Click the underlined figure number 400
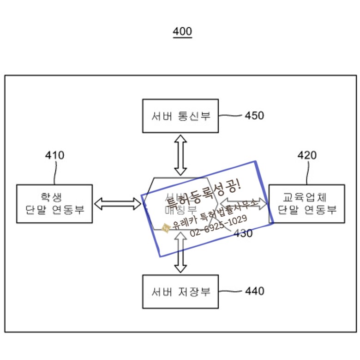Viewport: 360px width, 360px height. tap(182, 32)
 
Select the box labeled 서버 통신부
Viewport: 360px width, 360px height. tap(180, 116)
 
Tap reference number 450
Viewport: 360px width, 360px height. tap(254, 116)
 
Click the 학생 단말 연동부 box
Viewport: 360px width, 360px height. tap(54, 203)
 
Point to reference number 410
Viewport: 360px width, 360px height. tap(54, 155)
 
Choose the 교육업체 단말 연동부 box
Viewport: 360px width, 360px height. tap(307, 203)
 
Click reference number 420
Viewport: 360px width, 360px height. tap(307, 155)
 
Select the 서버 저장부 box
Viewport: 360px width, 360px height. tap(180, 292)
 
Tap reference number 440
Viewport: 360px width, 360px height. tap(254, 291)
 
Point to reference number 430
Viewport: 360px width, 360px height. tap(243, 233)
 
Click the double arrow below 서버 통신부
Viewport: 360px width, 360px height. tap(180, 154)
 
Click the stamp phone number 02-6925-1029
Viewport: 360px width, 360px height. tap(218, 225)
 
